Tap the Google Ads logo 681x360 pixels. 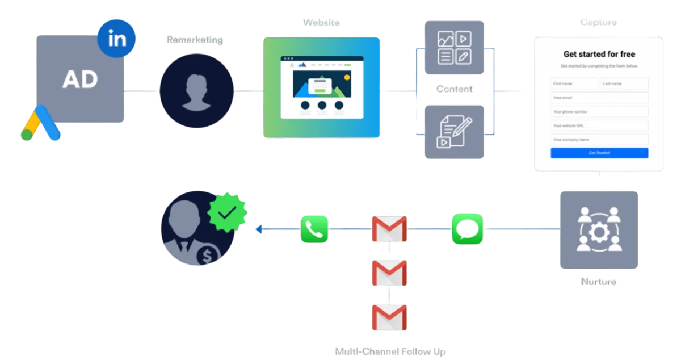pos(40,125)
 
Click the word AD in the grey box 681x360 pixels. pos(80,80)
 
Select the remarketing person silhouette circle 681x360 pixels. pos(197,91)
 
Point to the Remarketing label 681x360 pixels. pos(195,40)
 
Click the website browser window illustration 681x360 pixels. pos(322,87)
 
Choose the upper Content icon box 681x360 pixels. pos(455,48)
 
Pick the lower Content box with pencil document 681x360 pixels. pos(455,132)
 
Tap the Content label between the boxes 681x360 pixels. pos(454,90)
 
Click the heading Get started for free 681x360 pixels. pos(599,54)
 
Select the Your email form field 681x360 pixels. pos(599,98)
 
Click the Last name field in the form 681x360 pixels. pos(624,83)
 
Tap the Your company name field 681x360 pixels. pos(599,140)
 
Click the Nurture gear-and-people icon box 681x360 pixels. pos(599,229)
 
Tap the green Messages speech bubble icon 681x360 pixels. pos(467,229)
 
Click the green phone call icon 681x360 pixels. pos(314,229)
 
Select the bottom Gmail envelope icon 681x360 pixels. pos(388,317)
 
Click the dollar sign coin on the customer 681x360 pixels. pos(207,257)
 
